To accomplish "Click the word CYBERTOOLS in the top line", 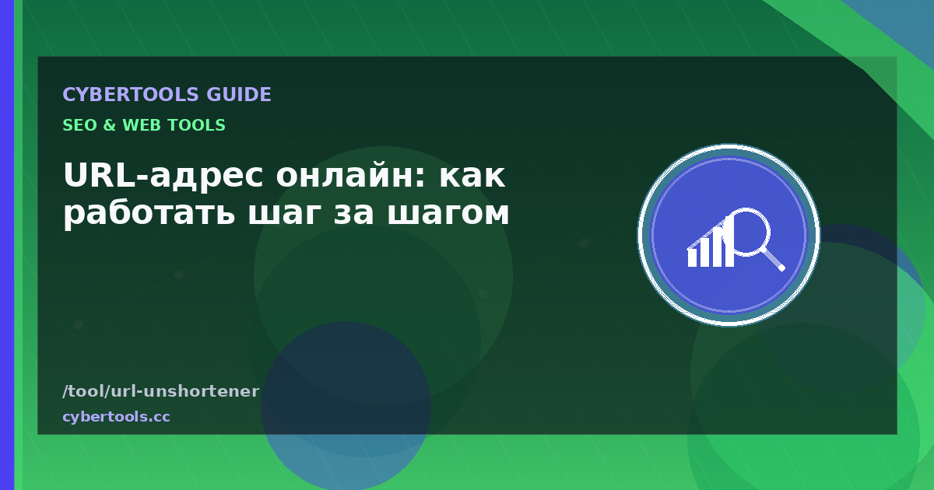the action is tap(131, 95).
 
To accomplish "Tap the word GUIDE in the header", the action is tap(239, 95).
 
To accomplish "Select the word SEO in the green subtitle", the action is tap(79, 125).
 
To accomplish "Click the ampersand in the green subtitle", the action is tap(109, 125).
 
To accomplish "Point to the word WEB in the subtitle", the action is tap(139, 125).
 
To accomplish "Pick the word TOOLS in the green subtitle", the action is tap(194, 125).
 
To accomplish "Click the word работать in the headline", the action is tap(149, 212).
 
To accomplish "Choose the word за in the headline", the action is tap(353, 214).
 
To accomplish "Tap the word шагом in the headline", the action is tap(448, 214).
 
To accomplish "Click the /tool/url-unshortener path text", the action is tap(161, 391).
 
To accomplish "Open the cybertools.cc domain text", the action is tap(116, 417).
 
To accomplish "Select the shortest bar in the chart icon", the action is tap(692, 258).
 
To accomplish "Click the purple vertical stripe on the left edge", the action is tap(7, 245).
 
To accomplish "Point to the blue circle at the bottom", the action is tap(346, 406).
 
